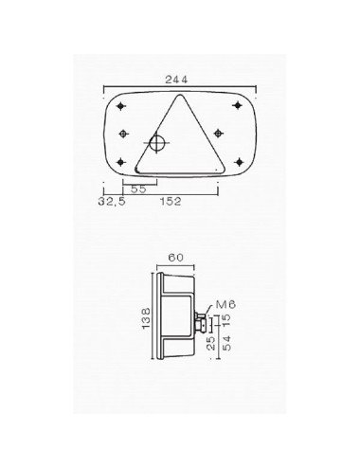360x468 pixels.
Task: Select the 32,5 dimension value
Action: tap(112, 201)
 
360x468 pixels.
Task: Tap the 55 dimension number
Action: tap(137, 189)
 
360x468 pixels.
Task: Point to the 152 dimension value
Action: tap(171, 201)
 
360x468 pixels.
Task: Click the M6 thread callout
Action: tap(225, 302)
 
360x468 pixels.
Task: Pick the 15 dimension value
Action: tap(225, 321)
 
